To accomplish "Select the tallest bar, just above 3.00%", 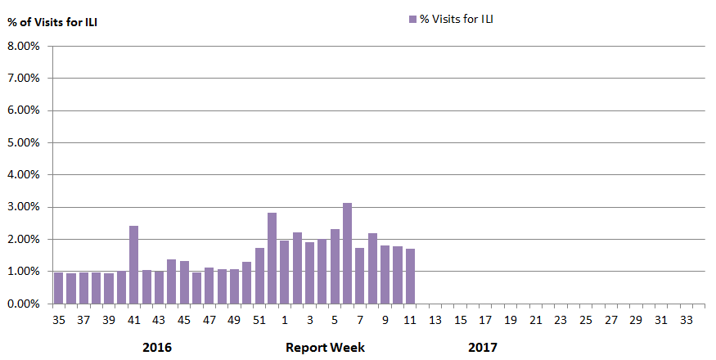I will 347,253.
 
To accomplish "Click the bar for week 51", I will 259,275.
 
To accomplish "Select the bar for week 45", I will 184,281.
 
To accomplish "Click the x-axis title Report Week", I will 325,348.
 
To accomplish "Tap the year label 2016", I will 157,348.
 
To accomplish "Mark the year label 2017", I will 482,348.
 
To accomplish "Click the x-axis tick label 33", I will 686,320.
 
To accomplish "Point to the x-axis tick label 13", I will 435,320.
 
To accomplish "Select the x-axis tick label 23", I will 561,320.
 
